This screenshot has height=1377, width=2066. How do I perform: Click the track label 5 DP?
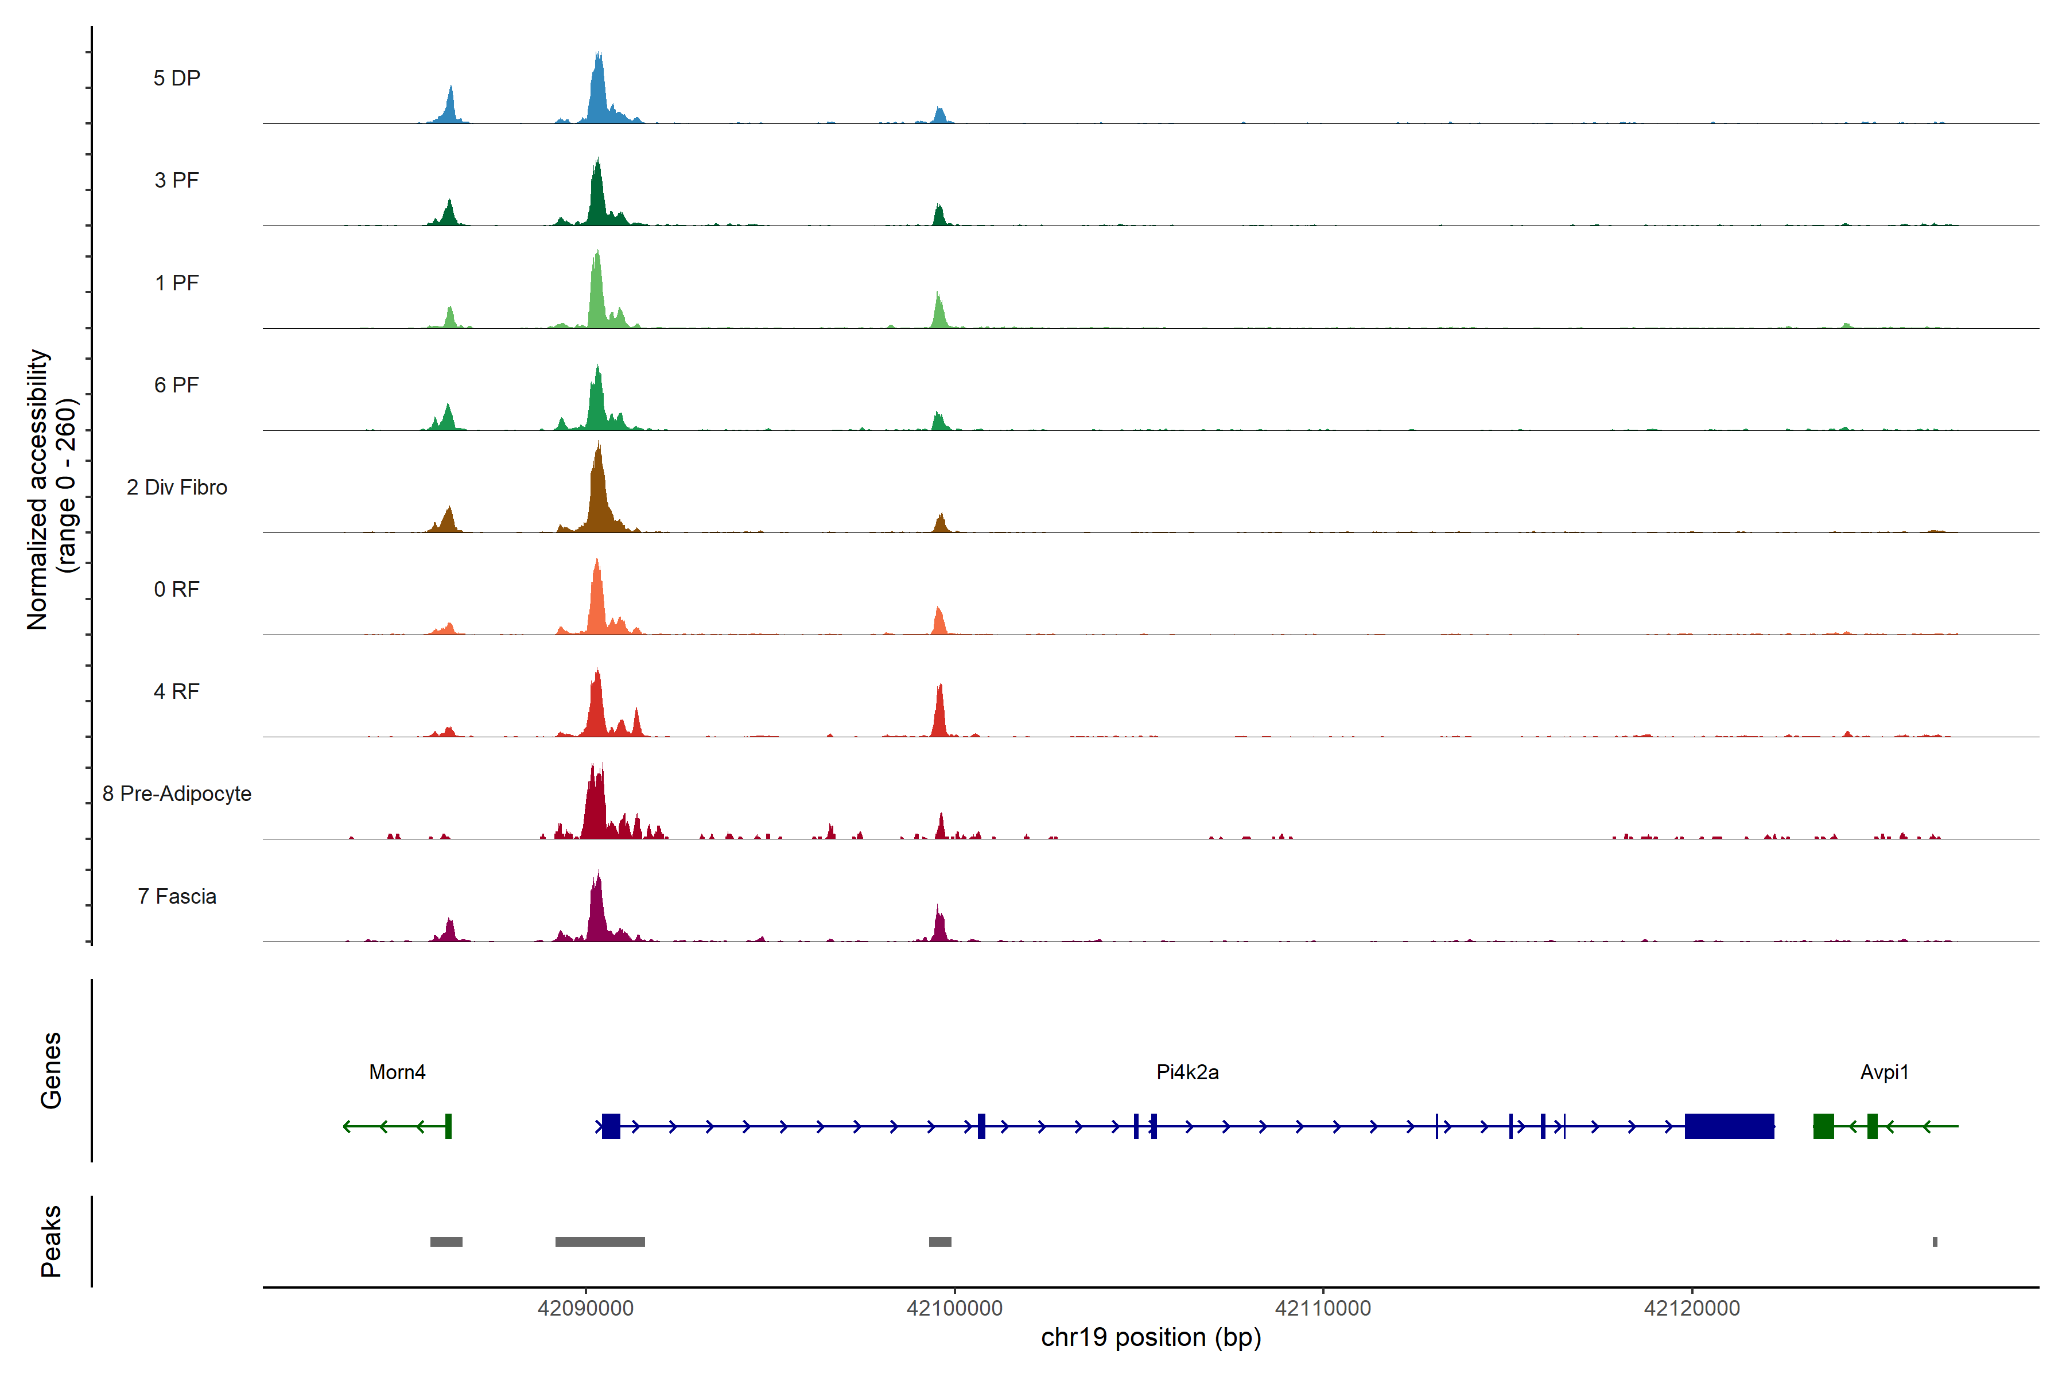click(177, 78)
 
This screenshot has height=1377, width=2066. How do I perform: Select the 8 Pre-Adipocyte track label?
click(177, 794)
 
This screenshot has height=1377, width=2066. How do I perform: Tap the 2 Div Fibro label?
click(177, 487)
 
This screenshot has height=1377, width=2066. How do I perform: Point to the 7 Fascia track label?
click(177, 897)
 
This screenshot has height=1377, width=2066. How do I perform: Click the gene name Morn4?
click(397, 1072)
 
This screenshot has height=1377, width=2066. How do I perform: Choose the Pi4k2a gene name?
click(1187, 1072)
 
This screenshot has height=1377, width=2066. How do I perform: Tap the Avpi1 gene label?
click(1884, 1072)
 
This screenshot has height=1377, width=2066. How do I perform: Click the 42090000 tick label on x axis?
click(585, 1309)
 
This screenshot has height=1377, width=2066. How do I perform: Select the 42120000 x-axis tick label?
click(1691, 1309)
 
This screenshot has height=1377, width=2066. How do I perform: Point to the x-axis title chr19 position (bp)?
click(1151, 1337)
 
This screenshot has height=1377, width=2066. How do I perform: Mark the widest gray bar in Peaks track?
click(600, 1242)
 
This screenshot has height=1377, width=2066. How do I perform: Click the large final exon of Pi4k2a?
click(1729, 1126)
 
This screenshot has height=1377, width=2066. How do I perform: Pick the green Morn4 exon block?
click(448, 1126)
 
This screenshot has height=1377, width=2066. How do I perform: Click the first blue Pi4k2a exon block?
click(611, 1126)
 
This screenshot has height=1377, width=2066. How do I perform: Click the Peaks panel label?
click(51, 1241)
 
